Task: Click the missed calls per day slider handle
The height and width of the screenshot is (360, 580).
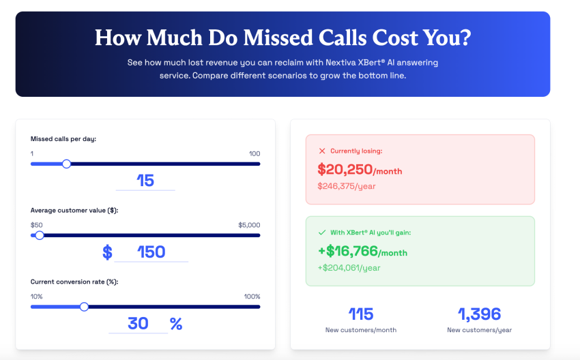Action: (x=66, y=164)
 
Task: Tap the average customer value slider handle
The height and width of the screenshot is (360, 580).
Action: (x=40, y=235)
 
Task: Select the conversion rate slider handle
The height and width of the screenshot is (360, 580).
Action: (x=84, y=307)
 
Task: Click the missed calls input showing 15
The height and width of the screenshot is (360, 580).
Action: (x=145, y=181)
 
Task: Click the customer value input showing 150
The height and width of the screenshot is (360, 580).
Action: (x=151, y=252)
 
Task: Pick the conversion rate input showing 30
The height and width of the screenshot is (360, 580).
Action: (x=138, y=323)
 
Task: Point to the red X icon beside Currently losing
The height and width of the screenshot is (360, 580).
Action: (x=322, y=151)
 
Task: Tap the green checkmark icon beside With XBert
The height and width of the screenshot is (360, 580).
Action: (x=322, y=232)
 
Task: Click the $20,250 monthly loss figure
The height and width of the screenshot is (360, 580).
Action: (x=345, y=170)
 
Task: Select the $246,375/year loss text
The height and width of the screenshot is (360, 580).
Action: (x=347, y=186)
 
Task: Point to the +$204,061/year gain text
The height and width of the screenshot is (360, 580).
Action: (x=349, y=268)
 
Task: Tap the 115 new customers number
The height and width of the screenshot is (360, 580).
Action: (x=361, y=314)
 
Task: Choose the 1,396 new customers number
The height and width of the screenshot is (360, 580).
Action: (x=479, y=314)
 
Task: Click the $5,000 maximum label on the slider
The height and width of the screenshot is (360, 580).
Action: (x=249, y=225)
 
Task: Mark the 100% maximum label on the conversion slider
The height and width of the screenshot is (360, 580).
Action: (x=252, y=297)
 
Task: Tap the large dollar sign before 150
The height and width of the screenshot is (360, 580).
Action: (x=107, y=252)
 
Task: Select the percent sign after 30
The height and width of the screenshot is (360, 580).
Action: (x=176, y=324)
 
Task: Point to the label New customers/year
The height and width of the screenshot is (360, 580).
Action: (x=479, y=330)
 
